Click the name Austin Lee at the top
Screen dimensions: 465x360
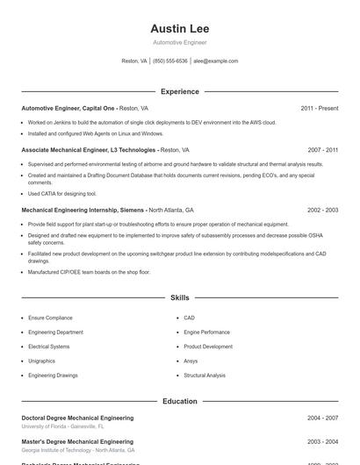coord(179,29)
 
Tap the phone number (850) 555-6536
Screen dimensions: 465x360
coord(170,61)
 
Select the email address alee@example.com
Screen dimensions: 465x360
coord(215,61)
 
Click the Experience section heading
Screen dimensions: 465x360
coord(179,91)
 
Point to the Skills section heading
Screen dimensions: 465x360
coord(179,298)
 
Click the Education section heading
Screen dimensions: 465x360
coord(179,401)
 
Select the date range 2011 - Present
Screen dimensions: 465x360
coord(319,108)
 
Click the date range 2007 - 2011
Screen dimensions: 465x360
coord(322,150)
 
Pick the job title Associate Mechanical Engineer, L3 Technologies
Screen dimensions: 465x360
coord(89,150)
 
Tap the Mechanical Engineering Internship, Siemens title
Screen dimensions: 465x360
coord(83,211)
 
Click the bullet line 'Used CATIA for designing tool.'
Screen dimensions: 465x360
coord(62,193)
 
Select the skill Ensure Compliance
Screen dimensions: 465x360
coord(50,318)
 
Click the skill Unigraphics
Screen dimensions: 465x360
coord(41,361)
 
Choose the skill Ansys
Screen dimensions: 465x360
coord(191,361)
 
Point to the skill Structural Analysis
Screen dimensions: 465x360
coord(205,376)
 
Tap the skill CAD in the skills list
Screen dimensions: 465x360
coord(189,318)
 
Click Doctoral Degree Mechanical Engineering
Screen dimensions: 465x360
coord(77,418)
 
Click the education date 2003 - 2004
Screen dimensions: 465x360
coord(322,441)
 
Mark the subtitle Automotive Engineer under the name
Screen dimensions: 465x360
coord(179,42)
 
